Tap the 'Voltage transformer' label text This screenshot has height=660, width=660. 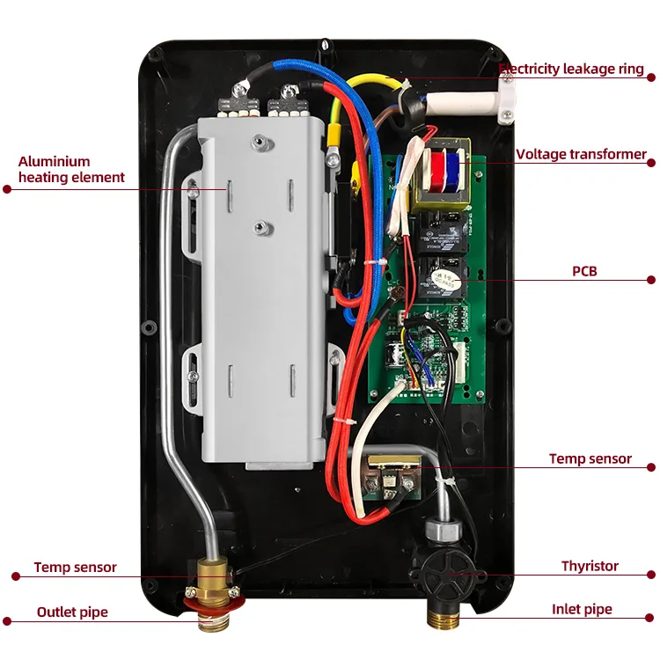(581, 155)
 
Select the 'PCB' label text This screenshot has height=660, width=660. (583, 271)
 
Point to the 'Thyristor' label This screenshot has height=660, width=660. (590, 567)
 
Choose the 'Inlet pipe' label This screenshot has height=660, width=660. (582, 609)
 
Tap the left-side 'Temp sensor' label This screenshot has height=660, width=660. (75, 568)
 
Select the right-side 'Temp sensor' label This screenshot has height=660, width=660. (590, 458)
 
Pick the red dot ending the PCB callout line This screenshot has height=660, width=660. (651, 281)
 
